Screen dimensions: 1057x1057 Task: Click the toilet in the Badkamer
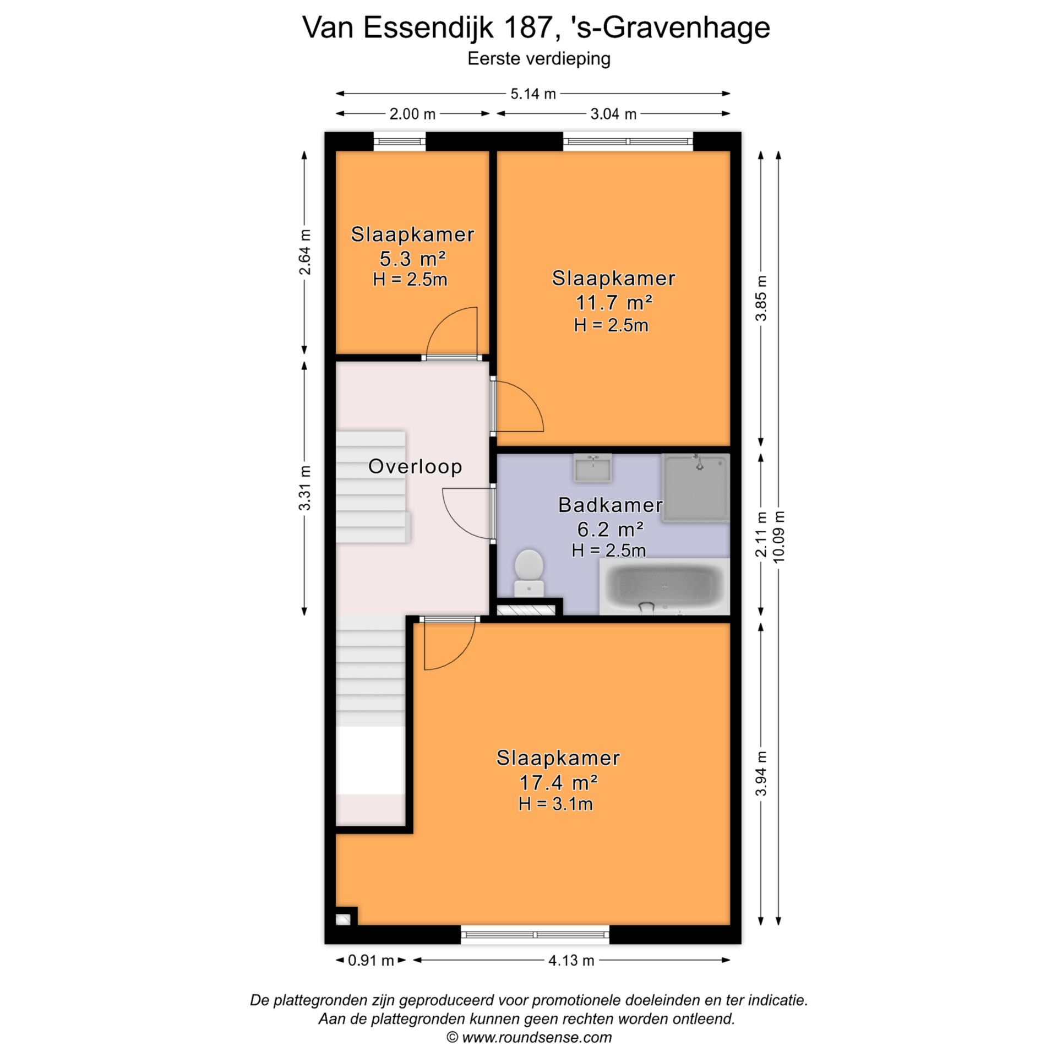(528, 573)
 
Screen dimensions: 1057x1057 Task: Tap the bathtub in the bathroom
(664, 586)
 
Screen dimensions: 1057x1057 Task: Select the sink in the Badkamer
(592, 468)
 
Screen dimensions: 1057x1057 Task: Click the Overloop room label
(415, 466)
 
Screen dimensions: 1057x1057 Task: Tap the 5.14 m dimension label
(533, 94)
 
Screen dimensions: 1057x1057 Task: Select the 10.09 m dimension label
(778, 537)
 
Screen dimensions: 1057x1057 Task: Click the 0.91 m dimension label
(371, 960)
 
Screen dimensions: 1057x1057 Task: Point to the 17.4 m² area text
(558, 782)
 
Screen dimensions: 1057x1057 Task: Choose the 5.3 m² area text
(412, 258)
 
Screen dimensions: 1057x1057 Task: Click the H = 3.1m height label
(555, 804)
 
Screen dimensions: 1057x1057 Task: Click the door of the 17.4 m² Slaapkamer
(449, 644)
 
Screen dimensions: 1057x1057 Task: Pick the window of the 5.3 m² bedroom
(400, 141)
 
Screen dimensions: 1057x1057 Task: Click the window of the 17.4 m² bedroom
(535, 934)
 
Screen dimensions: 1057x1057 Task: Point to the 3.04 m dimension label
(613, 114)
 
